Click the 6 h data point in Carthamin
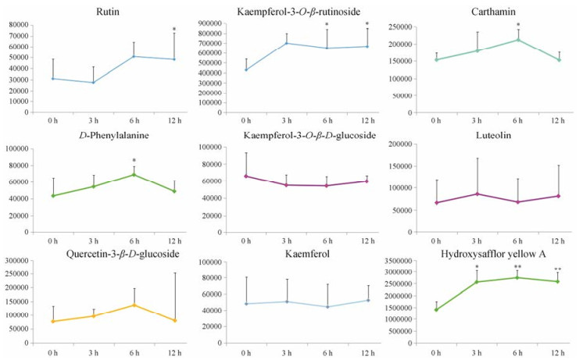coord(517,39)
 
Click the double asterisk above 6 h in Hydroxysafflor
coord(517,267)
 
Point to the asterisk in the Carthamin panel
coord(517,24)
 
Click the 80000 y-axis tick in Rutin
coord(17,25)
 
